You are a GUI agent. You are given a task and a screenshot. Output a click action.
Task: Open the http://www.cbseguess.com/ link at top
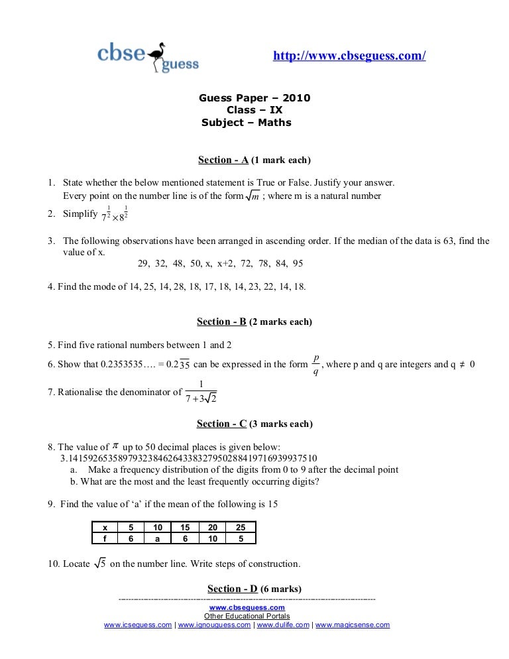tap(349, 56)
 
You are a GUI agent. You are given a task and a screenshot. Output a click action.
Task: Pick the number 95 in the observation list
tap(298, 263)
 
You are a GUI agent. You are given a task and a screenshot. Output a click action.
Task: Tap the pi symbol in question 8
tap(115, 446)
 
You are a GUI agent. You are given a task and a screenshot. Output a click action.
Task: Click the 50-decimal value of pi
tap(189, 458)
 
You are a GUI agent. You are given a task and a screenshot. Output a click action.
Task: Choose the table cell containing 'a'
tap(158, 539)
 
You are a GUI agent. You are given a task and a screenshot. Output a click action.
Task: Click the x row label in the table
tap(105, 528)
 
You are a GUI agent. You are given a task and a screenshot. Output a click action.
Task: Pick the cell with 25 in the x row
tap(241, 528)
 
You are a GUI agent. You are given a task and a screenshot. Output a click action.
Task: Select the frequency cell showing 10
tap(213, 539)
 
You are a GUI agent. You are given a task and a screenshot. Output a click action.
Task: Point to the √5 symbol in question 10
tap(99, 564)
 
